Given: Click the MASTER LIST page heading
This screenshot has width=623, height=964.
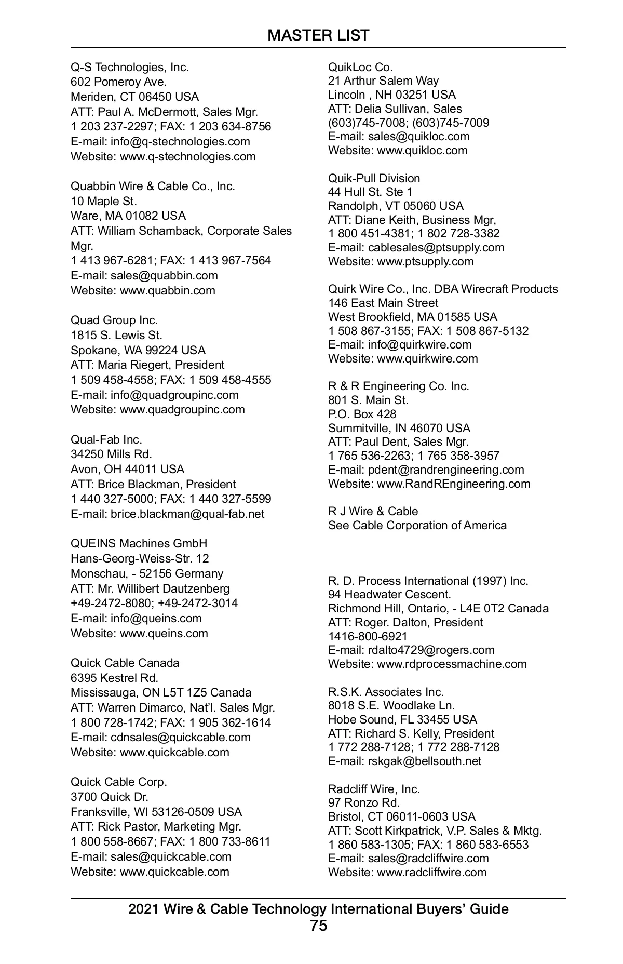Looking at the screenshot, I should [x=318, y=35].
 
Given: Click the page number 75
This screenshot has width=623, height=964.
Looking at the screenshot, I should [x=318, y=926].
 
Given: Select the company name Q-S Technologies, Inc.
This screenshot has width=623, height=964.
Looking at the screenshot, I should [x=130, y=67].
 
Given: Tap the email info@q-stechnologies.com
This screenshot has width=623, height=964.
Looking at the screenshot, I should [x=180, y=141].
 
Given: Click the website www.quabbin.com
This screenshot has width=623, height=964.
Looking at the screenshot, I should [x=167, y=290].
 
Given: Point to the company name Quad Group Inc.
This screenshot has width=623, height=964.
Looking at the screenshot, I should [x=114, y=320].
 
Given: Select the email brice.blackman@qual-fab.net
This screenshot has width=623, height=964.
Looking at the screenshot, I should [x=187, y=514].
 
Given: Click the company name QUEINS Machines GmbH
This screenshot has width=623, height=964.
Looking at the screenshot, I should [x=139, y=543].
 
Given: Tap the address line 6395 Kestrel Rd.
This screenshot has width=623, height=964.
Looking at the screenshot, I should [x=114, y=678].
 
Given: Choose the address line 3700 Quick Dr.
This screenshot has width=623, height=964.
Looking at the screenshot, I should [x=110, y=797].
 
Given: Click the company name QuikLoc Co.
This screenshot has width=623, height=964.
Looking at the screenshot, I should [x=360, y=67].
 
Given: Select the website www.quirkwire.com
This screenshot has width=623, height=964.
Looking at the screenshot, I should [x=427, y=358].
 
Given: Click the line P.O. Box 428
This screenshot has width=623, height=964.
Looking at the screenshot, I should [x=362, y=414].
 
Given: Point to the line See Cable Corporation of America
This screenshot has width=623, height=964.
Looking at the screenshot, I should [x=417, y=525].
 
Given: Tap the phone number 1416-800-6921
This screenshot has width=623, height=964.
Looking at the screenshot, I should [x=368, y=636].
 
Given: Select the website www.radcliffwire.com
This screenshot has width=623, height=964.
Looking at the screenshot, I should [x=431, y=872].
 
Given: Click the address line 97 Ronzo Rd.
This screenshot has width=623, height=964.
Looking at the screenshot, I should [x=363, y=802].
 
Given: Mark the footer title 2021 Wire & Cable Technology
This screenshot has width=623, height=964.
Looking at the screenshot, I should [x=318, y=909].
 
